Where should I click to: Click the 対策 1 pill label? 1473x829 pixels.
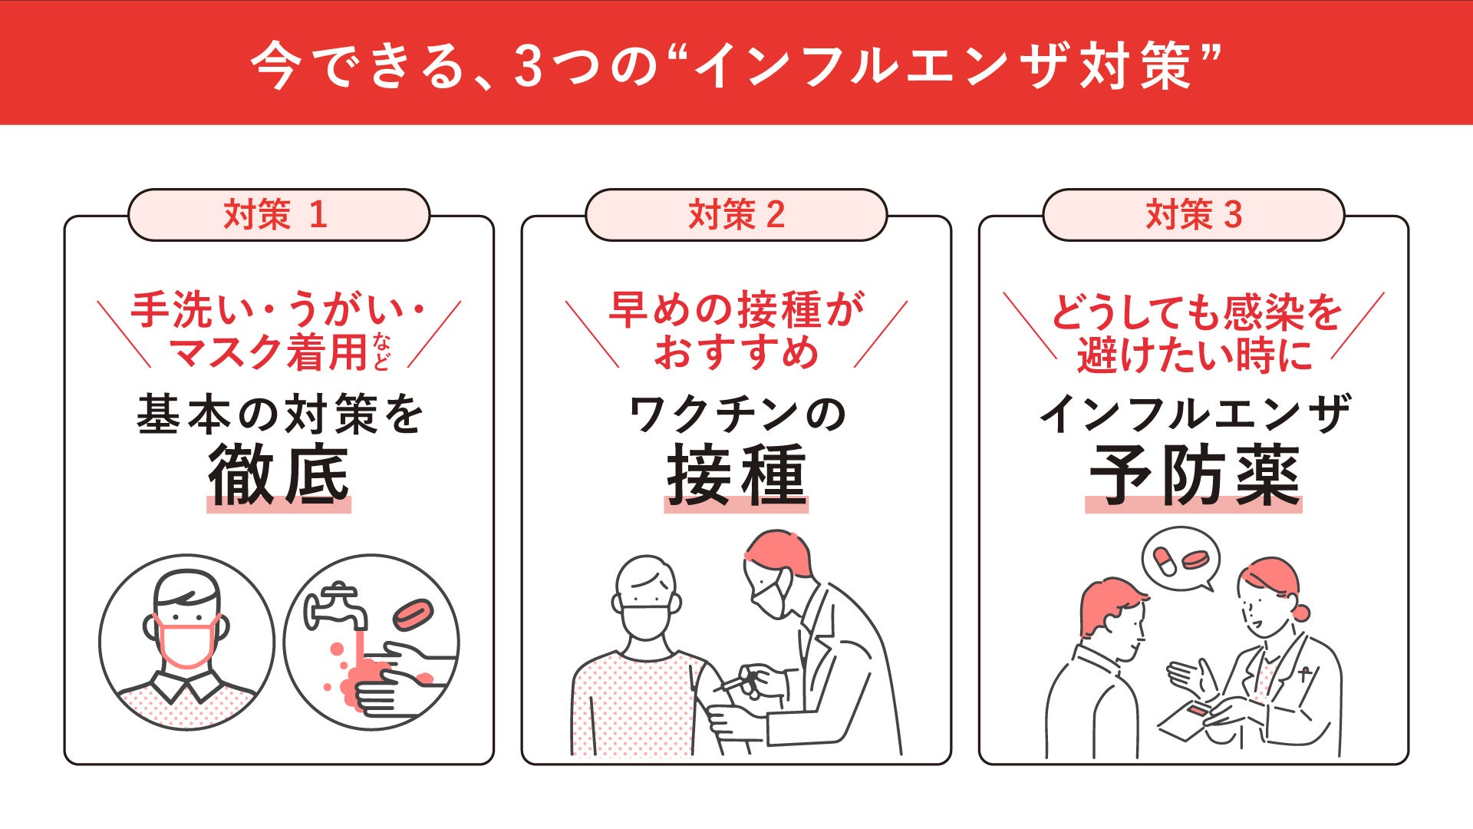coord(278,215)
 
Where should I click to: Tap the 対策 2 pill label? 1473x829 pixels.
coord(736,215)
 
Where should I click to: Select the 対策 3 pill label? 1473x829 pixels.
coord(1193,215)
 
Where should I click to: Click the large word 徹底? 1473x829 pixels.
coord(278,476)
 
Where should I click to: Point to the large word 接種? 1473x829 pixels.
coord(736,476)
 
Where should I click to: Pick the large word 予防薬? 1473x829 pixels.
coord(1194,476)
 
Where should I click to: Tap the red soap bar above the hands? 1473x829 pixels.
coord(413,613)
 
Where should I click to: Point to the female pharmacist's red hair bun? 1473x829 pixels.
coord(1300,613)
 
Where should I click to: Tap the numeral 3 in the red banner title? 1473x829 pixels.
coord(529,66)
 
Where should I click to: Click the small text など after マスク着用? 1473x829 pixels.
coord(381,352)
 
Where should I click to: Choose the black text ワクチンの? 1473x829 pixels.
coord(736,414)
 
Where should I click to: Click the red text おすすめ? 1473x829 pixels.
coord(736,353)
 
